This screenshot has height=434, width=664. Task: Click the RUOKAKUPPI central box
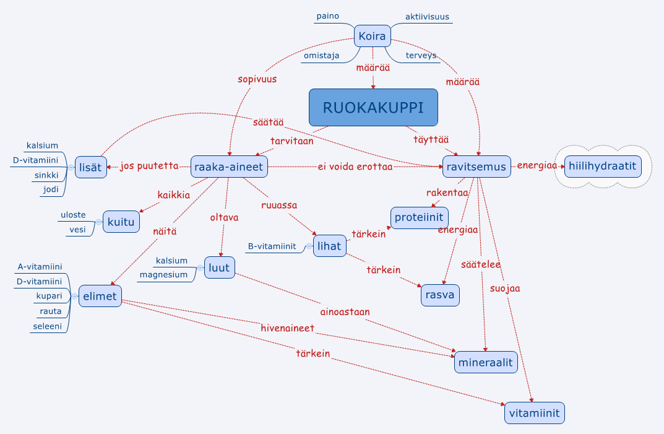373,108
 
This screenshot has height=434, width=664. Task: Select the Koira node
372,37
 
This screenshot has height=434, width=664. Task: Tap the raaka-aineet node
229,166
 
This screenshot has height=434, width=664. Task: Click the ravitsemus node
476,167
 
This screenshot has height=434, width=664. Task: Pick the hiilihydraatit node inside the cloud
602,166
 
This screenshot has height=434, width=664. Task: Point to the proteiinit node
420,218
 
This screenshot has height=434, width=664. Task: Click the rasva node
440,295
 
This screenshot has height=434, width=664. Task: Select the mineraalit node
486,362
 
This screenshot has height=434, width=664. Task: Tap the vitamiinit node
534,413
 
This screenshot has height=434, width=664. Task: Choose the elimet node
100,296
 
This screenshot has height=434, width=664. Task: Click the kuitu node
121,221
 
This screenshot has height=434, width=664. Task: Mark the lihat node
329,246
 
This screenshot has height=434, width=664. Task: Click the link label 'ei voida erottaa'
355,167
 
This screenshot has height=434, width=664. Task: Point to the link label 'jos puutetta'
149,167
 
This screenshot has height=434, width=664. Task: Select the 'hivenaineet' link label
287,328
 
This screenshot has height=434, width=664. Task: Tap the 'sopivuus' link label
257,79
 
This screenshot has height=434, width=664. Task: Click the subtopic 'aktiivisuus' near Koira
427,17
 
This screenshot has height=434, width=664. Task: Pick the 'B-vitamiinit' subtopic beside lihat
272,246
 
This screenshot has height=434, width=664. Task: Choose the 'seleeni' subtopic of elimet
47,326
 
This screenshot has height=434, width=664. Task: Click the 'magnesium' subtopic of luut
163,275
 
